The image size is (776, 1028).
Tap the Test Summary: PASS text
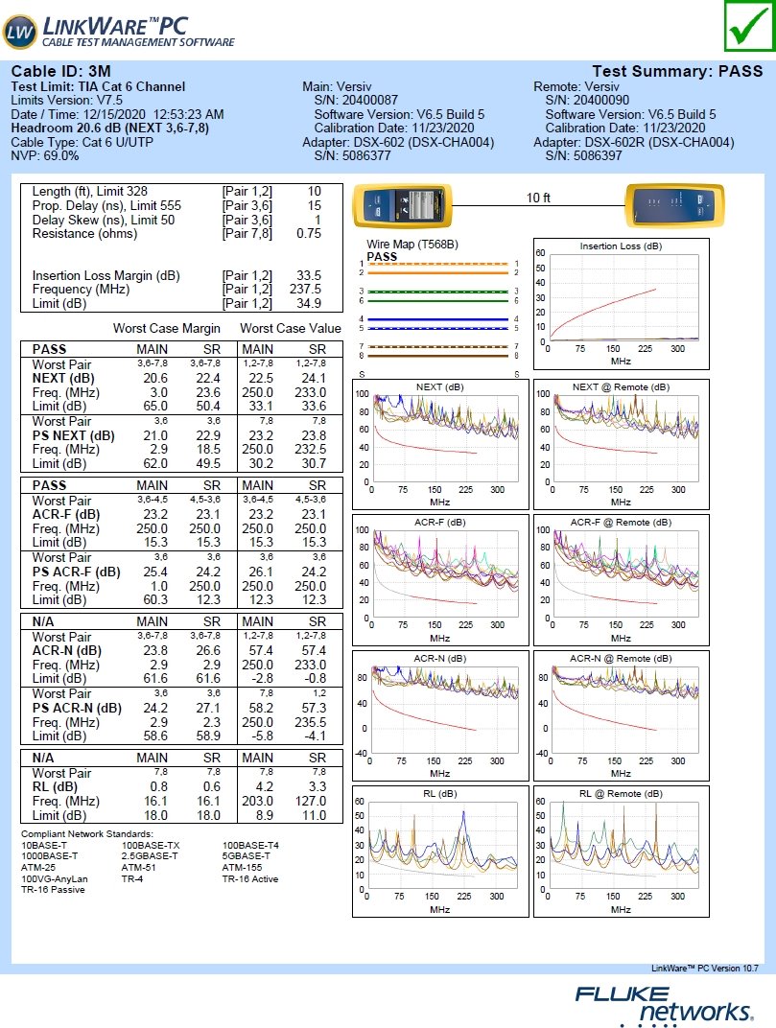677,72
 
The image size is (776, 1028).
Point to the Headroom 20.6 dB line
110,128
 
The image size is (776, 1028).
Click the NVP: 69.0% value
45,155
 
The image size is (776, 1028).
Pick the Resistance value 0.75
309,233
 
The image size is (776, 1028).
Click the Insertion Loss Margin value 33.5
309,275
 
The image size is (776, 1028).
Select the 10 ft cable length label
538,199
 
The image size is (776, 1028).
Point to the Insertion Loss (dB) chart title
621,246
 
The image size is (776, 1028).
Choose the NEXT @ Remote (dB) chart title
621,386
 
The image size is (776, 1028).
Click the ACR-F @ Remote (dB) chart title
621,523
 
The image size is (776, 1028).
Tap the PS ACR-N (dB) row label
77,709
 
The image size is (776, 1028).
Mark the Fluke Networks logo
663,1003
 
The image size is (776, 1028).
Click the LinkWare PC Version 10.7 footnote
705,969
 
